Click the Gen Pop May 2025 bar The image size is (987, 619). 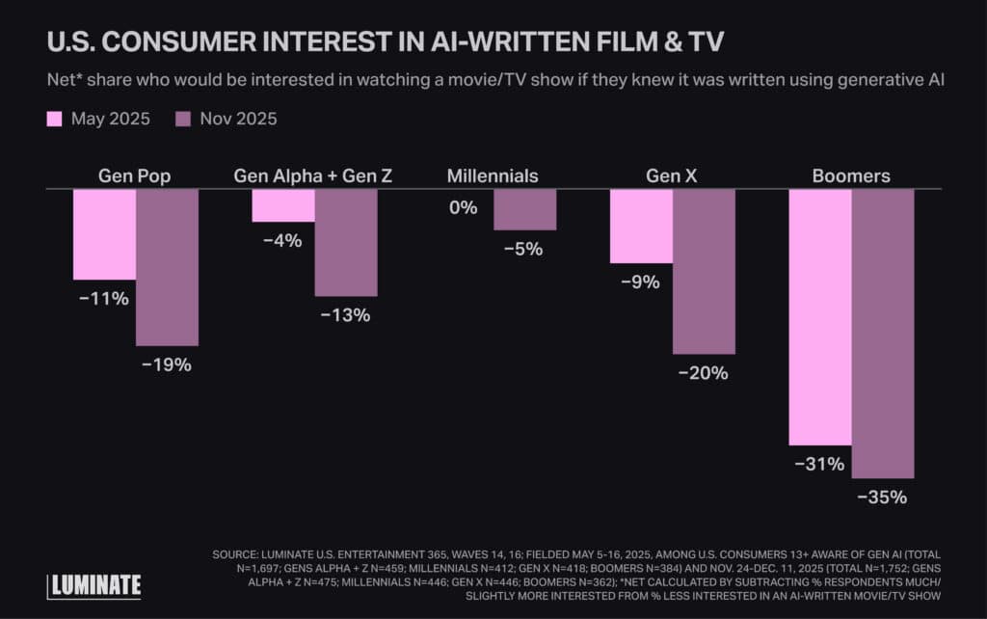(104, 234)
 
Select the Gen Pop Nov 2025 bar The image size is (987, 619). (167, 267)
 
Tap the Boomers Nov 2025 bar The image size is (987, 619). (883, 333)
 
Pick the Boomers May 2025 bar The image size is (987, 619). (820, 316)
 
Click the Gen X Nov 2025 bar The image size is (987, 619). (704, 271)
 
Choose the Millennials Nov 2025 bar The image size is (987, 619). (525, 209)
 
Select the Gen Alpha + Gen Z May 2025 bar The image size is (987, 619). (283, 205)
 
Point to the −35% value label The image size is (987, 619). (883, 498)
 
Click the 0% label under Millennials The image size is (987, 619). (462, 206)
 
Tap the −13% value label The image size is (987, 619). (346, 315)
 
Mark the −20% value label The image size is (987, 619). (704, 373)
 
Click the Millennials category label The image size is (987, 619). (493, 176)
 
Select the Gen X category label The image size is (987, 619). (672, 176)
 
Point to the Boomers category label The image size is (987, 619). (851, 176)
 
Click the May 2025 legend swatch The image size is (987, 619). (54, 120)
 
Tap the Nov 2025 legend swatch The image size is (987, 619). (183, 120)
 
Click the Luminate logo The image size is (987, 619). (94, 584)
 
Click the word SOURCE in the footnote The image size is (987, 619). (238, 554)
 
